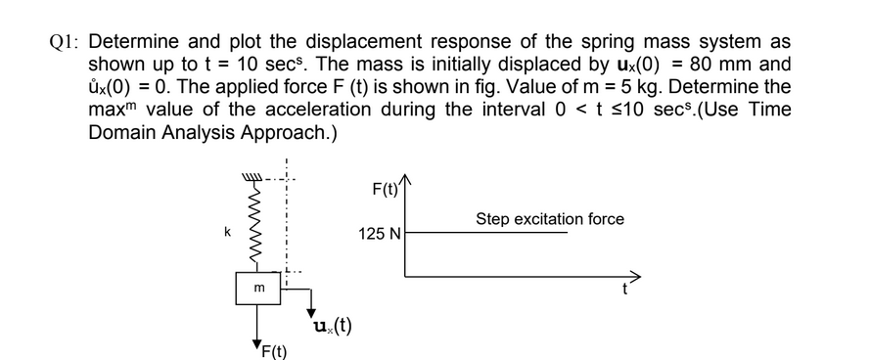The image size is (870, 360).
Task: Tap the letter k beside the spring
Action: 227,233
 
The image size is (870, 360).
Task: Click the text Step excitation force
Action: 550,219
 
